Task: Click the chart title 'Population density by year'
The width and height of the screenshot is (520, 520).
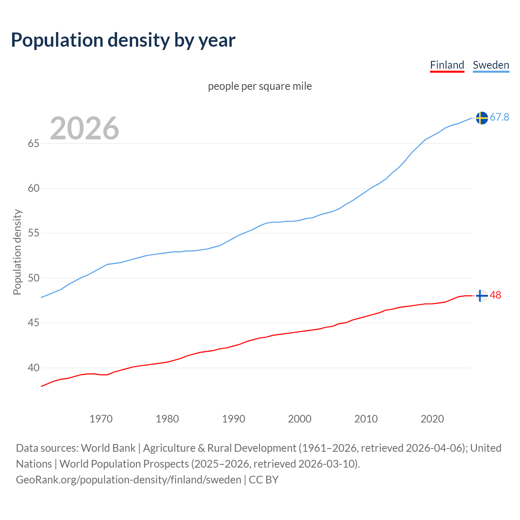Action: [123, 40]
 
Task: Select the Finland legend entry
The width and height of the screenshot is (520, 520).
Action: [447, 65]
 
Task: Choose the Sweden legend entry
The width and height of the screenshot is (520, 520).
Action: [491, 65]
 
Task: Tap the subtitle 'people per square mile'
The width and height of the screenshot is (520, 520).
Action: [260, 86]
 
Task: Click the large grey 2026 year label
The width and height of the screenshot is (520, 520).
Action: [84, 128]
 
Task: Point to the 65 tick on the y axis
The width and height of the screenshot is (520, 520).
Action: [33, 144]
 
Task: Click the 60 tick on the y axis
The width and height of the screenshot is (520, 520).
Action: [33, 188]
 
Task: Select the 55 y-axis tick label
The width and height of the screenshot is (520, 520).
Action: [33, 234]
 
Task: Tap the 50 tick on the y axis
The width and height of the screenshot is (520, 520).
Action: [33, 278]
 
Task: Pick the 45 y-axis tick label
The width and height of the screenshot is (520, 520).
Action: [33, 323]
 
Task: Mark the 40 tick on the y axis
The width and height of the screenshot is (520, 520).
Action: [33, 368]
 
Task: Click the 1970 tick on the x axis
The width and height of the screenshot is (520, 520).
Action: [101, 419]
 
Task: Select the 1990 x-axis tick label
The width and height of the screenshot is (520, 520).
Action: [234, 419]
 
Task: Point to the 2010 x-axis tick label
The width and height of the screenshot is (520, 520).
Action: [366, 419]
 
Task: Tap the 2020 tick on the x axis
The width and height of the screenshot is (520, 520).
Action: [432, 419]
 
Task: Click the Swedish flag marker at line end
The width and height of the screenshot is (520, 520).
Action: [482, 118]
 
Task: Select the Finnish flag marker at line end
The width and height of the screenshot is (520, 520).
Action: [482, 296]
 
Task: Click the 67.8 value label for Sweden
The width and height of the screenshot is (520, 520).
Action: [499, 117]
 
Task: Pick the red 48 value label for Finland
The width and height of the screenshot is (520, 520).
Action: [496, 295]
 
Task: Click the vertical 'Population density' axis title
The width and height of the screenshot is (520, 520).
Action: [17, 252]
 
